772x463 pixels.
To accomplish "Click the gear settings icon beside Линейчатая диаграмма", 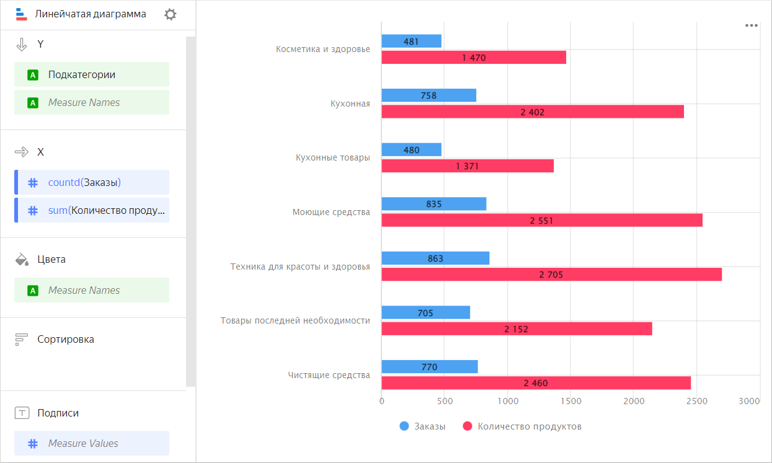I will click(x=170, y=14).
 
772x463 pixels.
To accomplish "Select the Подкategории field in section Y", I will click(x=92, y=74).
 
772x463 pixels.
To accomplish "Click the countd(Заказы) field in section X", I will click(x=92, y=182).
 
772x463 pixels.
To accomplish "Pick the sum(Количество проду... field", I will click(x=92, y=210).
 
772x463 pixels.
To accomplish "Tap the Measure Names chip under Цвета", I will click(x=92, y=290).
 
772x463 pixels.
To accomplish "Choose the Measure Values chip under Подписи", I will click(x=92, y=443).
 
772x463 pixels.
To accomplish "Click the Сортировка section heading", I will click(x=65, y=339).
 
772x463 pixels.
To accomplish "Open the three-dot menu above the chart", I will click(x=752, y=25).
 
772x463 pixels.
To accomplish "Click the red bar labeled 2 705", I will click(x=551, y=274).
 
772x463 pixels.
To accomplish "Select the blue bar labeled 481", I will click(x=411, y=42).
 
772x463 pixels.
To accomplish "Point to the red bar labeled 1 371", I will click(x=467, y=166).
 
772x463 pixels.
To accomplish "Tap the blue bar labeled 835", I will click(x=433, y=204).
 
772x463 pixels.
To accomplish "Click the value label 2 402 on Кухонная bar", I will click(x=533, y=112).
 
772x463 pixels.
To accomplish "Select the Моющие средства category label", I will click(x=331, y=212).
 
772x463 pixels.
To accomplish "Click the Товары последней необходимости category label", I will click(x=295, y=320).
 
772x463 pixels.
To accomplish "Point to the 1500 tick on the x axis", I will click(x=571, y=402).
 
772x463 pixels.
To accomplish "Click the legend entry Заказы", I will click(x=423, y=426).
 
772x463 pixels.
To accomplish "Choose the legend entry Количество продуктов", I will click(x=522, y=426).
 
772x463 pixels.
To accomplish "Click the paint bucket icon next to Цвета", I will click(x=22, y=259).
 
